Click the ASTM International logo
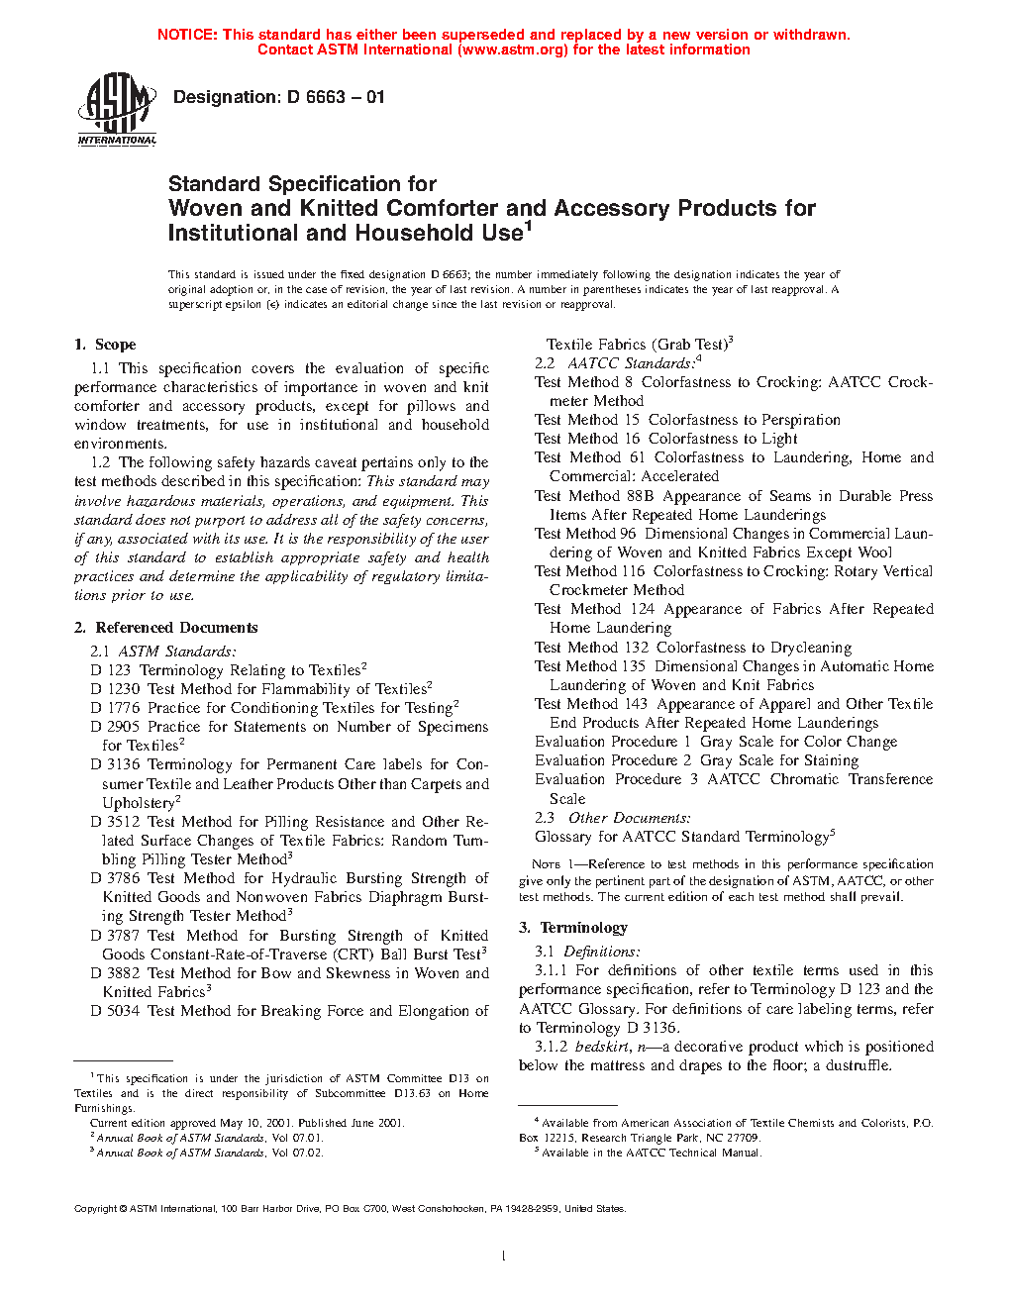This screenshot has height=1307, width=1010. (x=117, y=110)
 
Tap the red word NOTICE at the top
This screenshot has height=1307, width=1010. (x=187, y=35)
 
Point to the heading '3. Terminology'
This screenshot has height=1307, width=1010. (x=573, y=928)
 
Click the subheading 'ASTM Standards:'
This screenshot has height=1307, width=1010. (x=177, y=652)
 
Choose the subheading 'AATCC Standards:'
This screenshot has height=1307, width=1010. (x=631, y=363)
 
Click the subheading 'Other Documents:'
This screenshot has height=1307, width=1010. (x=629, y=818)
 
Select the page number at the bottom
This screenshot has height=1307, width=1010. (x=504, y=1257)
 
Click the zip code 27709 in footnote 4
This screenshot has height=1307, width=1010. (x=742, y=1138)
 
